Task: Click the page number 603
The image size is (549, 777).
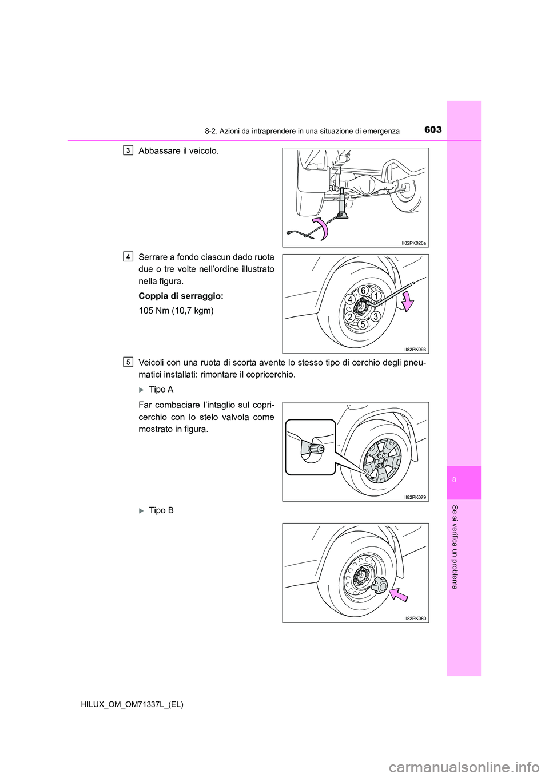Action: [x=433, y=130]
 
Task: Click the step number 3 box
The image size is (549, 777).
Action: [x=128, y=150]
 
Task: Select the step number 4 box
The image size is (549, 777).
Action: [x=128, y=257]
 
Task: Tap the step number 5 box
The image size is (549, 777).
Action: [x=128, y=362]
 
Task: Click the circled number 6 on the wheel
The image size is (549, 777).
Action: [x=363, y=291]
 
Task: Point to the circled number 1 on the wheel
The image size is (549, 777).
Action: [x=376, y=296]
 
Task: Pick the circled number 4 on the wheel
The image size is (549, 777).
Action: [x=350, y=299]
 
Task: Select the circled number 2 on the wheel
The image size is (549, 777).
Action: [x=349, y=317]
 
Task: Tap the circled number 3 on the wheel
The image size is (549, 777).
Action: [x=375, y=316]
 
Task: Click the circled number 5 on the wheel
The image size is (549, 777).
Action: [x=363, y=324]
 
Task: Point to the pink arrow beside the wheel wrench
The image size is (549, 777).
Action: [x=408, y=301]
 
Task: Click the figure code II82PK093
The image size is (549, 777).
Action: [x=415, y=349]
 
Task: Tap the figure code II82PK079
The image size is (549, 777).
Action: [x=415, y=497]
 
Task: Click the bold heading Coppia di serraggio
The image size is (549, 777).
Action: [x=181, y=296]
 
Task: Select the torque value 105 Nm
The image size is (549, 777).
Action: [x=176, y=311]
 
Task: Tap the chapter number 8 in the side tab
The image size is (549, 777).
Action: [x=454, y=479]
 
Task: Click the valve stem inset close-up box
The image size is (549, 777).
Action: [x=311, y=447]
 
